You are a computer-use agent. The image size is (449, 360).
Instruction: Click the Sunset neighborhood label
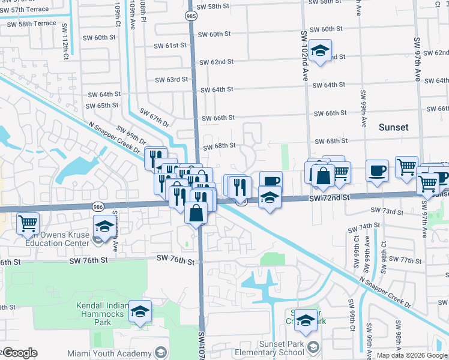tap(394, 127)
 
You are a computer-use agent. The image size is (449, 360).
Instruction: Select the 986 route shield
tap(97, 206)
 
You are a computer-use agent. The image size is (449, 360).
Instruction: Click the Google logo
tap(20, 353)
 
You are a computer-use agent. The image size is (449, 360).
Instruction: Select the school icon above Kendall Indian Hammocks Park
tap(140, 312)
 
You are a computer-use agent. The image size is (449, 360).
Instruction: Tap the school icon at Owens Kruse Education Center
tap(104, 227)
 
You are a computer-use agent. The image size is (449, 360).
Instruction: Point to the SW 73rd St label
tap(387, 211)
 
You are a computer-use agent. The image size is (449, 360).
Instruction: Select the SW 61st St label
tap(170, 46)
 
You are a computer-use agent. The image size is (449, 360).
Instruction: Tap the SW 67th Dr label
tap(154, 118)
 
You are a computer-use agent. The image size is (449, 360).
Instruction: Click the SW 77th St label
tap(405, 260)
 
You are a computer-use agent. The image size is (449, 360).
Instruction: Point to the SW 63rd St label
tap(172, 79)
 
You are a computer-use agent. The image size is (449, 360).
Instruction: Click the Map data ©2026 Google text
tap(412, 355)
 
